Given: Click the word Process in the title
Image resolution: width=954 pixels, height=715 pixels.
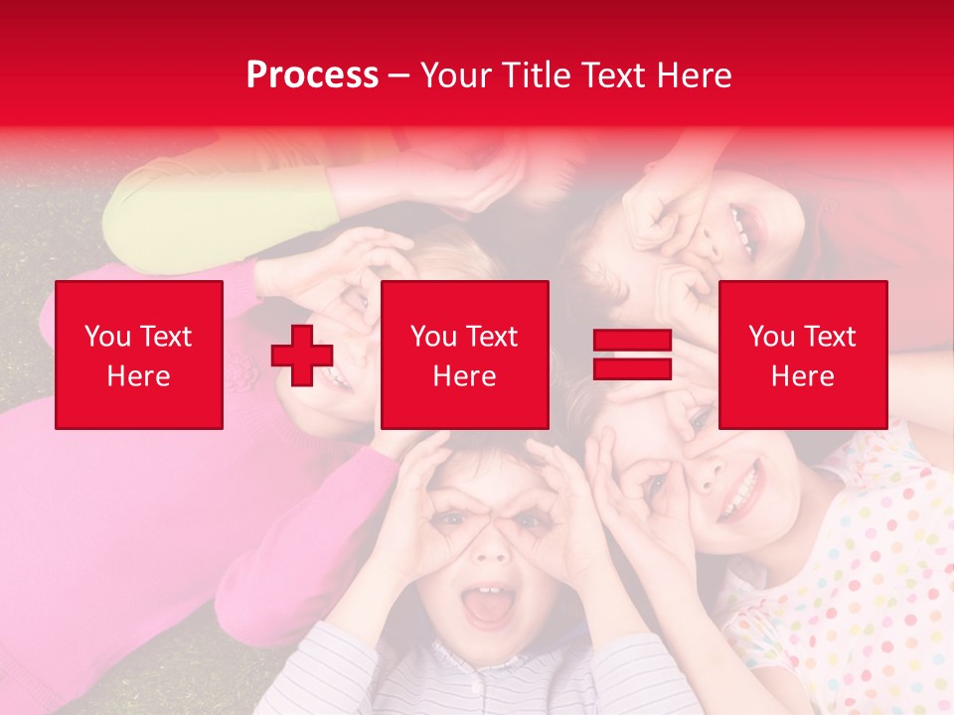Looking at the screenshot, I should (312, 75).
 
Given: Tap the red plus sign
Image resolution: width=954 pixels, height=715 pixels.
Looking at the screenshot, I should (302, 356).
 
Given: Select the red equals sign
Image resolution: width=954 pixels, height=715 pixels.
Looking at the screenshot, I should (632, 355).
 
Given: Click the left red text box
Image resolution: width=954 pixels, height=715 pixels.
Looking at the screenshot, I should (139, 355).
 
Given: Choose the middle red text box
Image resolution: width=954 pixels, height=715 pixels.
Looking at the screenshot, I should (464, 355).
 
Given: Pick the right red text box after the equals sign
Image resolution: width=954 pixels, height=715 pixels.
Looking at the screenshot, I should (802, 355).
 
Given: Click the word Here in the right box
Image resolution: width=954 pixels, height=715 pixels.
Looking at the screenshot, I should (802, 375).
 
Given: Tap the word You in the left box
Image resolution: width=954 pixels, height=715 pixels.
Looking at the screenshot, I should (107, 336).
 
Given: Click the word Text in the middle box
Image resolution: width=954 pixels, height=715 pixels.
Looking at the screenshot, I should (491, 336).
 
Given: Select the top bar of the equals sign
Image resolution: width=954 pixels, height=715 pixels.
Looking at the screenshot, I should (632, 341).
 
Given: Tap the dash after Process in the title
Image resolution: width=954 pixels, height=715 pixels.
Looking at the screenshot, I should (399, 75).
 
